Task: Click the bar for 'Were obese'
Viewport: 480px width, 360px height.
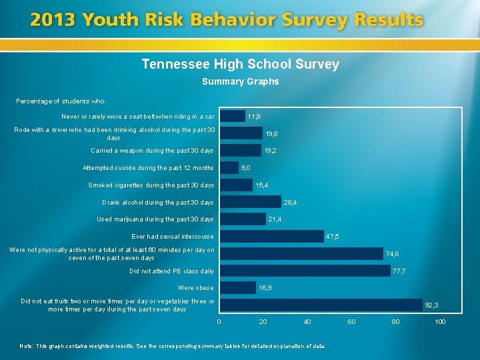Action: (x=238, y=287)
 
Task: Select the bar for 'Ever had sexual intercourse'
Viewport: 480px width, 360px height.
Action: (x=272, y=236)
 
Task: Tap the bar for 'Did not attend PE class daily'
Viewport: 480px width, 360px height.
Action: (x=305, y=271)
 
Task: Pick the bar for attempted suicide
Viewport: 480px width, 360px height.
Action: (x=229, y=167)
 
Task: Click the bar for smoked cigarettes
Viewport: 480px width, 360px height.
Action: (x=237, y=185)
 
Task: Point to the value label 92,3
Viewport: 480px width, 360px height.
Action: (x=431, y=305)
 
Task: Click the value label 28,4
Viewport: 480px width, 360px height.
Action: (x=291, y=202)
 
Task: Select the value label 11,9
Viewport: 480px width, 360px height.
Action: (x=254, y=116)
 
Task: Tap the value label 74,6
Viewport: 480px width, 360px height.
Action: (x=393, y=253)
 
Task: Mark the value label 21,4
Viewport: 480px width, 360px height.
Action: (x=275, y=219)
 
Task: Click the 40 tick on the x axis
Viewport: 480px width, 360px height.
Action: (x=307, y=322)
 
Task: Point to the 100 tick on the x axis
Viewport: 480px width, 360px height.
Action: (x=439, y=322)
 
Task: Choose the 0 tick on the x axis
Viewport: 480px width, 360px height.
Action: (x=219, y=322)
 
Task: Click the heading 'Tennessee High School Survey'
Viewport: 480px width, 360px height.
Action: (x=240, y=65)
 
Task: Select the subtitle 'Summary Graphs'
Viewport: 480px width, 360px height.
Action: (x=240, y=82)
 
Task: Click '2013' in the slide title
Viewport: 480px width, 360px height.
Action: (x=53, y=20)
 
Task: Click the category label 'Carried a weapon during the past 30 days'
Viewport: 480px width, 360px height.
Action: (x=152, y=151)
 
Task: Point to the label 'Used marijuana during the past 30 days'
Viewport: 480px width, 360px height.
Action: (x=155, y=219)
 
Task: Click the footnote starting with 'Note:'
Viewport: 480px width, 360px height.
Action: (x=173, y=346)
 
